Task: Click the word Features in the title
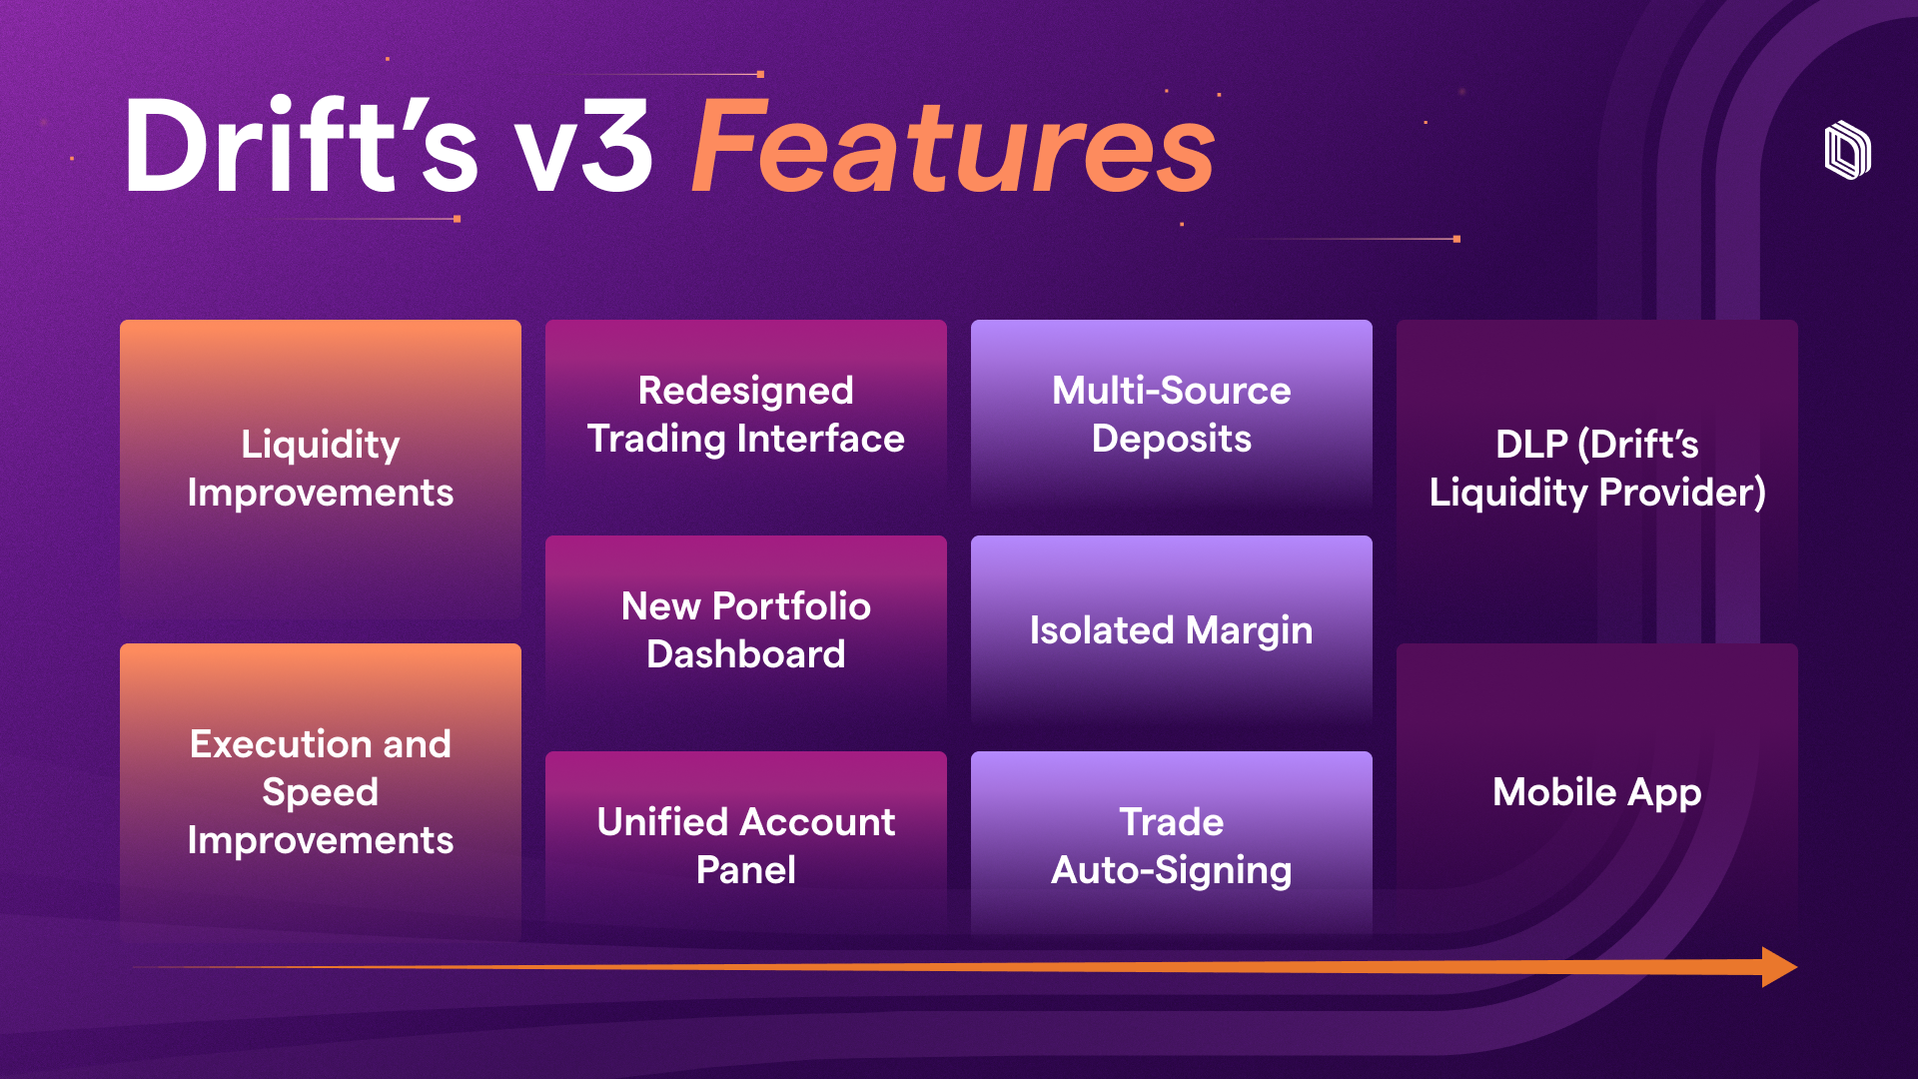953,146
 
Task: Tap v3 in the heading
584,148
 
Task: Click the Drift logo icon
1847,151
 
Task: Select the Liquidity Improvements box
321,470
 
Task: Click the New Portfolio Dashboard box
746,630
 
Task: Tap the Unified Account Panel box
746,845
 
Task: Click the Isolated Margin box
1172,630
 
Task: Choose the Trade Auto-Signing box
1172,845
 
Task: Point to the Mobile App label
1597,792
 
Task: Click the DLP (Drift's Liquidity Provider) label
1597,469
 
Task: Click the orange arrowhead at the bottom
1779,967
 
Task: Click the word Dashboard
746,654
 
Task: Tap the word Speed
321,793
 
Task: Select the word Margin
1250,631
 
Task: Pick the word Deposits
1172,440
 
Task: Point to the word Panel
746,870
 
